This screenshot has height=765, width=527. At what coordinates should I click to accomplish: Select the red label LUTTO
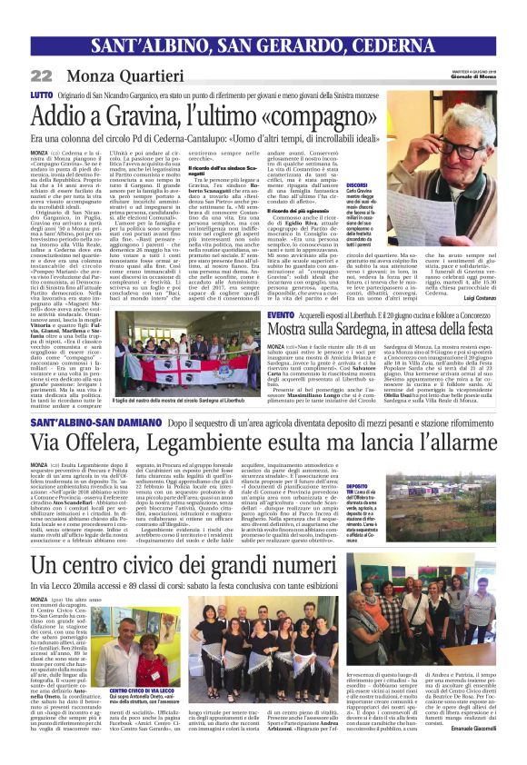[41, 94]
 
